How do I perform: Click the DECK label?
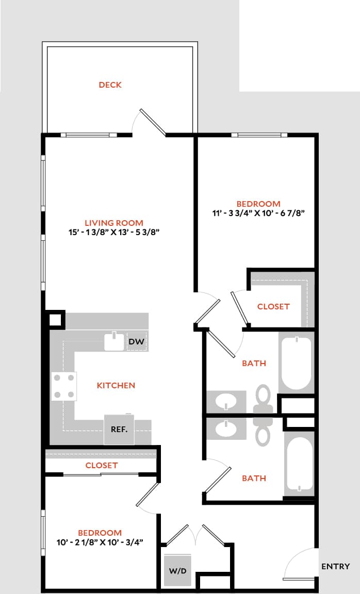110,85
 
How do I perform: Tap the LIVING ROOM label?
114,223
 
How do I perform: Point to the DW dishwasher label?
136,341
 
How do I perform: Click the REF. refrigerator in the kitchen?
119,429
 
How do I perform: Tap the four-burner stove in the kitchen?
64,386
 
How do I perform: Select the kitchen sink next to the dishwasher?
114,342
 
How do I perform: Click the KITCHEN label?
116,385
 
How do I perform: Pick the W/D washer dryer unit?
177,570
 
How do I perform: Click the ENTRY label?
335,566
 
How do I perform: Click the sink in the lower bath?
226,427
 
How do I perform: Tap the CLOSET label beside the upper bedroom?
273,306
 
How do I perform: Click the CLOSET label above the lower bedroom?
102,465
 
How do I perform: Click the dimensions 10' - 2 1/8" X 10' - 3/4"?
100,542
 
